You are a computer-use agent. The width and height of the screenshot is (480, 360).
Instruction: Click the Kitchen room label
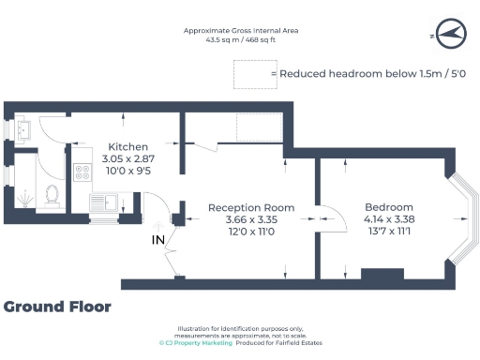[127, 147]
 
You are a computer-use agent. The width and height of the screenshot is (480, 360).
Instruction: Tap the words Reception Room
[250, 207]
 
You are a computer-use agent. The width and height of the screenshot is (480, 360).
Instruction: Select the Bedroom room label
[388, 207]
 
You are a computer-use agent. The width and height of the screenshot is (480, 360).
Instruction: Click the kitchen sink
[103, 200]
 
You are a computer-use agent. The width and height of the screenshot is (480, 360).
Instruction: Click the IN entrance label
[158, 240]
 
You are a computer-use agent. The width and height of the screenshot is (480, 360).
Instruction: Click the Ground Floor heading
[57, 307]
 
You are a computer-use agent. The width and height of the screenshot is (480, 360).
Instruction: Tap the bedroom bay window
[463, 217]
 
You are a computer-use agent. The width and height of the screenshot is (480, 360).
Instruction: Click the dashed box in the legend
[248, 72]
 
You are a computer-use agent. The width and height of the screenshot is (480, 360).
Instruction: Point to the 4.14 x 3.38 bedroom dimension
[388, 218]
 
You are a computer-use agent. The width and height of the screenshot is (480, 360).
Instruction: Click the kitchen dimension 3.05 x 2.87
[127, 159]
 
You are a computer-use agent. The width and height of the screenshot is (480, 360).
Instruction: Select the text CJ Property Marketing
[191, 343]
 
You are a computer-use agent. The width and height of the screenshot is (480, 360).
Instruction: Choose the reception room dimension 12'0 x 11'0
[250, 230]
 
